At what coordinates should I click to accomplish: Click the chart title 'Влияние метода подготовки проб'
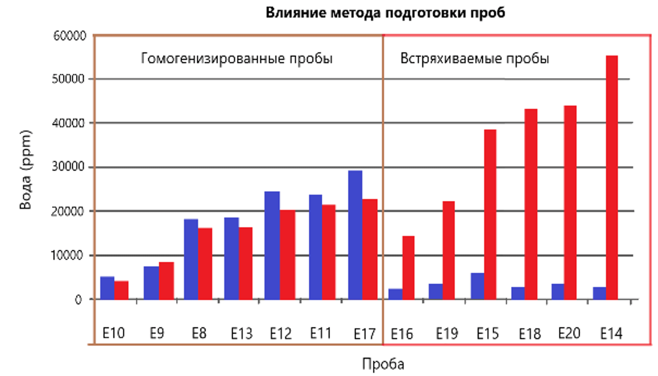point(385,13)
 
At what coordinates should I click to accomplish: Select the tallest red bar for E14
point(612,177)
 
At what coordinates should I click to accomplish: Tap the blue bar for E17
point(355,235)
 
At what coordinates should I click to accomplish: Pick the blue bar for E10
point(107,288)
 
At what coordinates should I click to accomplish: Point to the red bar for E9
point(166,281)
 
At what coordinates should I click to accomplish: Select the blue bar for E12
point(272,245)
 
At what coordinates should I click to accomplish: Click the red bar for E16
point(408,268)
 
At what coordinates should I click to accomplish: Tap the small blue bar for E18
point(518,293)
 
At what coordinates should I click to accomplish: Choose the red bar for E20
point(570,202)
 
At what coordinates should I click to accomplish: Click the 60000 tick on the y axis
point(70,35)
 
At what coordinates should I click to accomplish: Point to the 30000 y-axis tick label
point(68,167)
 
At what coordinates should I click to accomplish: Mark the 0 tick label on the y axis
point(78,299)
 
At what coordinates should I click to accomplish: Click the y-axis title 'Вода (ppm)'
point(25,170)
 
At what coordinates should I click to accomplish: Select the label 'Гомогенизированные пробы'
point(237,59)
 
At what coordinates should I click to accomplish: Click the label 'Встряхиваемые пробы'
point(474,59)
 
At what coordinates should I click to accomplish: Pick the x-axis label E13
point(241,334)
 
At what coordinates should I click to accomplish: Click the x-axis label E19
point(446,334)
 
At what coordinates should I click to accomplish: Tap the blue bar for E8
point(191,259)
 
